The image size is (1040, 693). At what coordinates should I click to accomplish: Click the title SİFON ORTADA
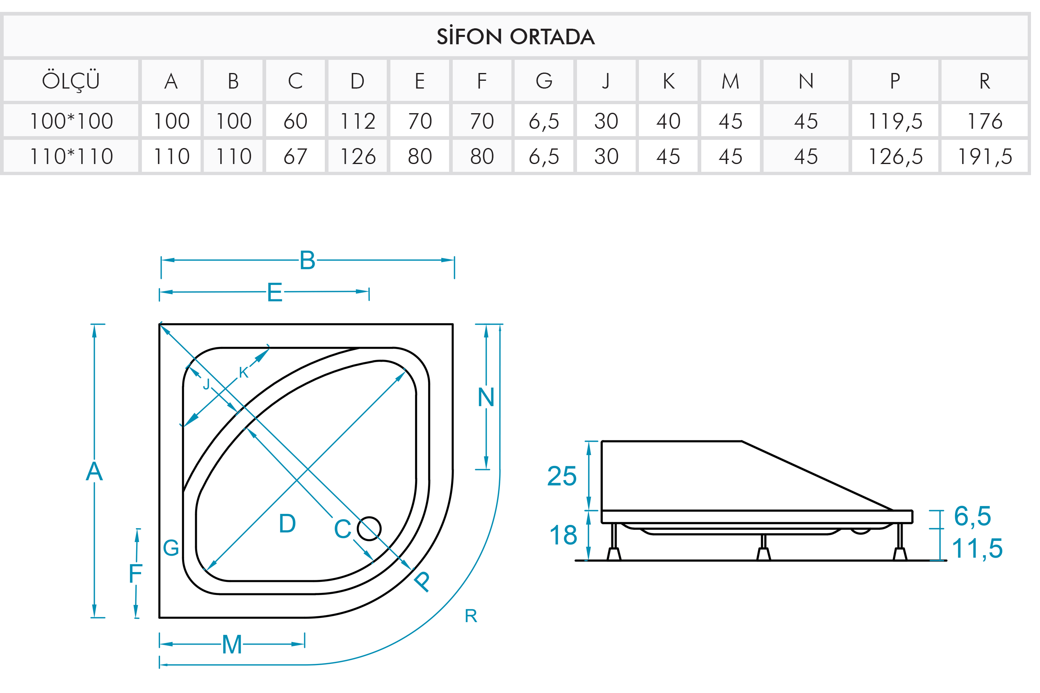click(x=515, y=36)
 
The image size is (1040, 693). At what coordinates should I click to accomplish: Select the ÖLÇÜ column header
click(x=71, y=81)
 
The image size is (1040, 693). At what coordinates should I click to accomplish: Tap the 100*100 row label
click(x=71, y=121)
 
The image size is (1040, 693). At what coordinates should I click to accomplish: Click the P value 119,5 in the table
click(x=895, y=121)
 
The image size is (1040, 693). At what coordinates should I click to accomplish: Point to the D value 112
click(x=358, y=121)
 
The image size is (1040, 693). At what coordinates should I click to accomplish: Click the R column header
click(x=985, y=81)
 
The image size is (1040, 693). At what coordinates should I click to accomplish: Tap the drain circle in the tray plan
click(x=369, y=529)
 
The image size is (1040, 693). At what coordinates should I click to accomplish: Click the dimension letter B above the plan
click(x=307, y=260)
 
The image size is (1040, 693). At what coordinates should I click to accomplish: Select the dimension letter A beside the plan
click(x=94, y=471)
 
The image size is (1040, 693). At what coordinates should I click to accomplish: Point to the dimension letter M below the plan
click(x=232, y=644)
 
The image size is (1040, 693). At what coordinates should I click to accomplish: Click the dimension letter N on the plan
click(x=486, y=397)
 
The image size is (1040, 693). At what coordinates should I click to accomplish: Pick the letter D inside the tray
click(x=287, y=524)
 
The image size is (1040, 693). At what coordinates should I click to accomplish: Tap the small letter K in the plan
click(x=244, y=373)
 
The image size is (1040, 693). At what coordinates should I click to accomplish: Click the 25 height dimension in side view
click(x=562, y=476)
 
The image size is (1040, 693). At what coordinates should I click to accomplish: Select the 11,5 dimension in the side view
click(x=977, y=549)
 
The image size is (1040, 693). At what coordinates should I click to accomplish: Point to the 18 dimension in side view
click(x=563, y=535)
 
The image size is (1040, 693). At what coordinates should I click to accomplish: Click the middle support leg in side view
click(x=763, y=548)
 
